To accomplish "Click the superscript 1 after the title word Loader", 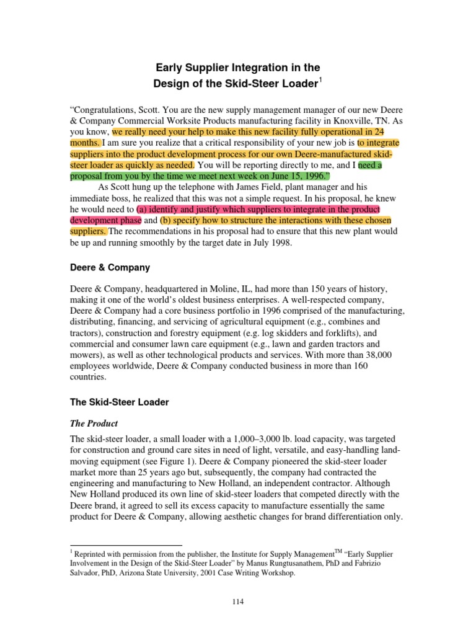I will (x=321, y=79).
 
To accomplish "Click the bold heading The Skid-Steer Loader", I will (x=120, y=402).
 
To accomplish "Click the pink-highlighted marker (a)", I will (x=143, y=209).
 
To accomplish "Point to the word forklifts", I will (x=335, y=333).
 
